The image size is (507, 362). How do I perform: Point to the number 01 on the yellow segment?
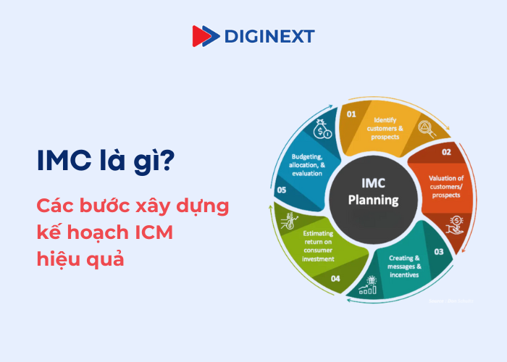coord(351,114)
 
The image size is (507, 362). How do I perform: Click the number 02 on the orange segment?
coord(446,152)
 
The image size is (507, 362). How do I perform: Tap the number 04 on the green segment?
coord(335,278)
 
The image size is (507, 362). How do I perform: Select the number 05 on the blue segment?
coord(282,190)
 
